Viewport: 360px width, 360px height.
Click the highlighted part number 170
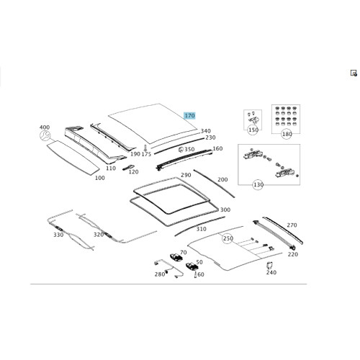[x=189, y=116]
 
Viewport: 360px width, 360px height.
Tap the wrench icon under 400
[x=45, y=136]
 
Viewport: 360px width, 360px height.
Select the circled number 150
[x=253, y=130]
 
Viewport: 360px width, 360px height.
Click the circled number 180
[x=287, y=134]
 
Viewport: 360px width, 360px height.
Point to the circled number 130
[x=258, y=184]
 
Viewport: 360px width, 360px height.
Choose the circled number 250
[x=228, y=238]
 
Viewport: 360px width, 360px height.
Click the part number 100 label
[x=100, y=178]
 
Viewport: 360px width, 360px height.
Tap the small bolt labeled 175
[x=145, y=148]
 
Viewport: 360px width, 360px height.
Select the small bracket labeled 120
[x=128, y=167]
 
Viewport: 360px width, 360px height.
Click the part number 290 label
[x=186, y=175]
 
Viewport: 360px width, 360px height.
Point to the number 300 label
[x=225, y=210]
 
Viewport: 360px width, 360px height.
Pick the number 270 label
[x=292, y=225]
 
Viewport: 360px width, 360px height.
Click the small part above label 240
[x=270, y=265]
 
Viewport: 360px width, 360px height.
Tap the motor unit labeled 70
[x=176, y=257]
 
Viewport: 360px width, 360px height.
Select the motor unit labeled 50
[x=192, y=266]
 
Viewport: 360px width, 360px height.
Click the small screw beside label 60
[x=195, y=274]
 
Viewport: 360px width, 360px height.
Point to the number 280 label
[x=160, y=274]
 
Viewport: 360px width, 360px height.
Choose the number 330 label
[x=58, y=235]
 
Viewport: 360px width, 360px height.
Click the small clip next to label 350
[x=181, y=150]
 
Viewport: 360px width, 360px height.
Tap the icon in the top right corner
[x=354, y=73]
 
